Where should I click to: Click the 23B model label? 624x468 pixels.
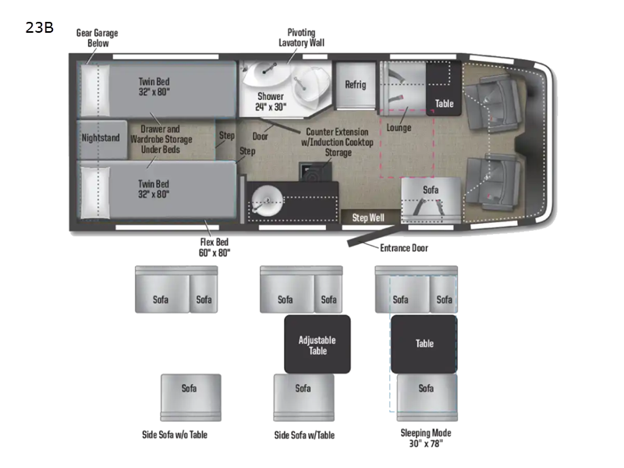click(x=39, y=27)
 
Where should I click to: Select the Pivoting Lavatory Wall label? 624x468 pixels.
click(x=301, y=37)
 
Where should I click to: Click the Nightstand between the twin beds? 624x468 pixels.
click(x=101, y=138)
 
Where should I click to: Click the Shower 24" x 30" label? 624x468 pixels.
click(x=271, y=101)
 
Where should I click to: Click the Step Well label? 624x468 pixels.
click(x=367, y=218)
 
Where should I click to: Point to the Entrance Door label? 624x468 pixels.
click(x=403, y=248)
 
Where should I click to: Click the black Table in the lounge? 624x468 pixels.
click(x=444, y=102)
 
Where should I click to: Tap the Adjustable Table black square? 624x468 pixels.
click(x=317, y=345)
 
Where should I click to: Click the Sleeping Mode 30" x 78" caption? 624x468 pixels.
click(x=425, y=438)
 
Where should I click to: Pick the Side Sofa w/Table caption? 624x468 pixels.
click(x=303, y=434)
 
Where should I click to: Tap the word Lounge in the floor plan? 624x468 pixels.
click(x=399, y=127)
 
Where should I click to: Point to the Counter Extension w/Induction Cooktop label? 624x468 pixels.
click(x=339, y=143)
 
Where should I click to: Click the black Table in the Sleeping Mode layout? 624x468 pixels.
click(x=424, y=343)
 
